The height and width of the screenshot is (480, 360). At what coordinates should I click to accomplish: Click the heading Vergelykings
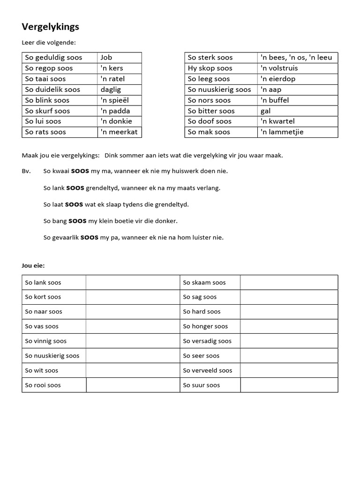point(50,27)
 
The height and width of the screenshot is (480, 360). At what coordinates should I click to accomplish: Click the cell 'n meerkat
point(119,132)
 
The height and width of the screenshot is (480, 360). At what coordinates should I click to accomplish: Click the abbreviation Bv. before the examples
point(26,171)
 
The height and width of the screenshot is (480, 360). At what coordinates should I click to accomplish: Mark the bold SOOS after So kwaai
point(81,171)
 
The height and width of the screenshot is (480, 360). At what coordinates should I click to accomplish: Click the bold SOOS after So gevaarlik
point(90,237)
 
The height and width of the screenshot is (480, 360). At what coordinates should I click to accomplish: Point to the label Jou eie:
point(33,265)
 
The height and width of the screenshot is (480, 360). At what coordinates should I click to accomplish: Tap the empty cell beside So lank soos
point(133,282)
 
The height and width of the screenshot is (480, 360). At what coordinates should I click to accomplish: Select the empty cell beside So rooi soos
point(133,385)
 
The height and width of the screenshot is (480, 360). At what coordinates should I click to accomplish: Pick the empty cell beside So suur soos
point(289,385)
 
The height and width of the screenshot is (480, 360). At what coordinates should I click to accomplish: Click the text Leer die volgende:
point(49,43)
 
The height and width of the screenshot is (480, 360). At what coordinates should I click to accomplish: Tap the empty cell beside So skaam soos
point(289,282)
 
